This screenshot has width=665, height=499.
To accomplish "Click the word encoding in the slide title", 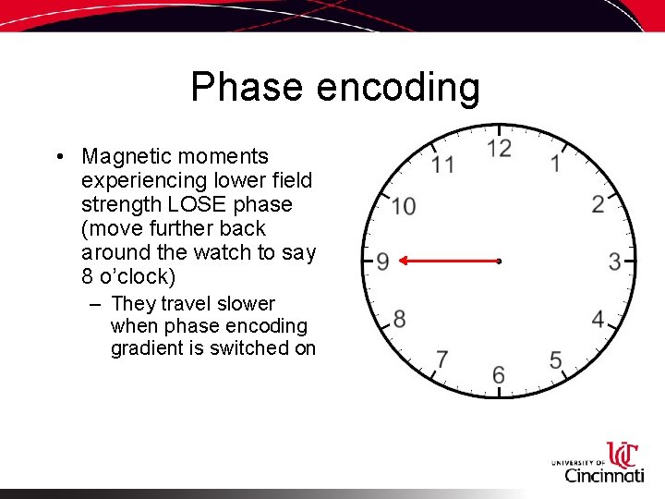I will tap(398, 89).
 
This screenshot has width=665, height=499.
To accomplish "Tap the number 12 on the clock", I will tap(499, 149).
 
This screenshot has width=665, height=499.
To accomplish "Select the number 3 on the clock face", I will tap(614, 262).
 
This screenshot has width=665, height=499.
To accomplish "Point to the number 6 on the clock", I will tap(499, 374).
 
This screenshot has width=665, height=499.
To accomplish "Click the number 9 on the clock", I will tap(382, 262).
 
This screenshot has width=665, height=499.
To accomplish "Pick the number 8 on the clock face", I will tap(399, 320).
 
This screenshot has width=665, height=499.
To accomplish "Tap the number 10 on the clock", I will tap(403, 206).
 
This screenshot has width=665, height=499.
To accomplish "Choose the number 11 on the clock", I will tap(443, 165).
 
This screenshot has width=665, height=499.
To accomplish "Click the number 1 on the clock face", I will tap(556, 164).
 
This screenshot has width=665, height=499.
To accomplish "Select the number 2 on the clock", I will tap(598, 204).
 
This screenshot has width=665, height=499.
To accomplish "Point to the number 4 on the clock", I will tap(598, 320).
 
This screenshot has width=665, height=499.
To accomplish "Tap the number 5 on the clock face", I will tap(556, 359).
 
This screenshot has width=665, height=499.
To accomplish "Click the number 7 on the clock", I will tap(442, 359).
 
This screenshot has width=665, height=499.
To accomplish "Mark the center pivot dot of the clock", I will tap(499, 262).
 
